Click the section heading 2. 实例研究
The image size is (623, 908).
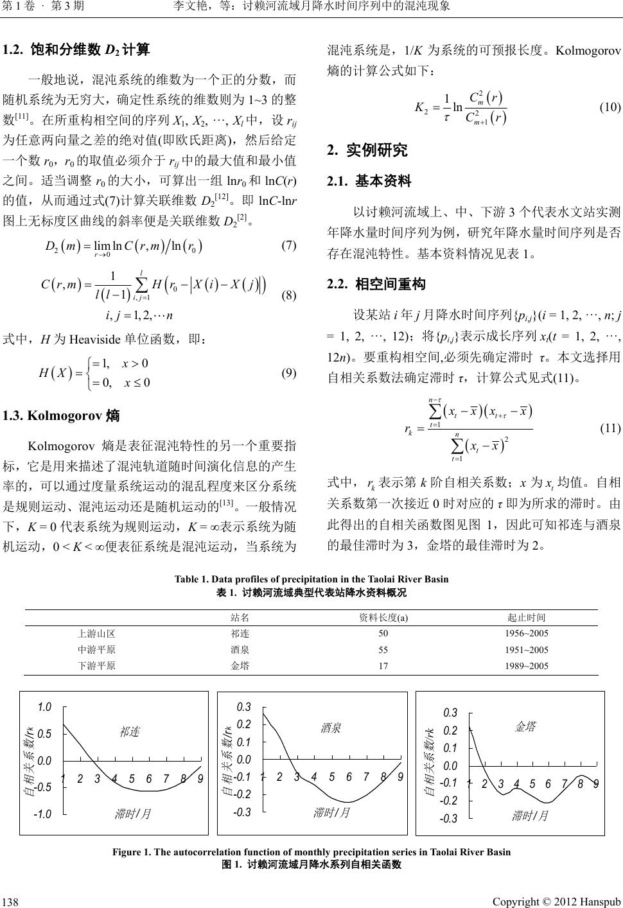tap(367, 151)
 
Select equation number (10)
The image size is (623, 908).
tap(610, 107)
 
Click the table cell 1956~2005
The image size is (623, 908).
tap(527, 633)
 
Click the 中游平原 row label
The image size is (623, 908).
tap(96, 649)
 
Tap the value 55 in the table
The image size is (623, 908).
tap(383, 649)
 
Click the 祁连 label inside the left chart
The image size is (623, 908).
tap(129, 731)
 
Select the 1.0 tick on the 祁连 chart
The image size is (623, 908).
tap(44, 707)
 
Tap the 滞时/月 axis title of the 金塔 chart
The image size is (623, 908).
tap(531, 816)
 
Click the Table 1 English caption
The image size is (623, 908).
tap(311, 579)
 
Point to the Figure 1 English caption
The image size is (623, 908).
tap(311, 852)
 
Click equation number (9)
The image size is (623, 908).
tap(288, 372)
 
